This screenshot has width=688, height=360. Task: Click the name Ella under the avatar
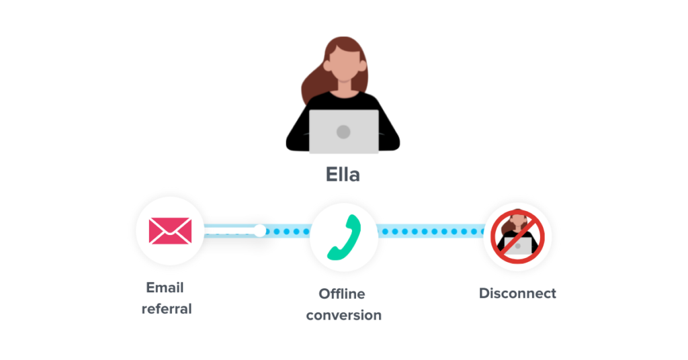pyautogui.click(x=343, y=175)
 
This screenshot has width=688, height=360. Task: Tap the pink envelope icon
pyautogui.click(x=170, y=231)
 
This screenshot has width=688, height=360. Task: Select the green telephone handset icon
pyautogui.click(x=344, y=237)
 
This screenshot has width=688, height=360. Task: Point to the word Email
pyautogui.click(x=165, y=287)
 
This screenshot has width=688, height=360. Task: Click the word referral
pyautogui.click(x=167, y=309)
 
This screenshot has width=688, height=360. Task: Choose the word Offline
pyautogui.click(x=342, y=294)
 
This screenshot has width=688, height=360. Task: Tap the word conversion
pyautogui.click(x=343, y=315)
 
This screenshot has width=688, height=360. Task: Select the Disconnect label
pyautogui.click(x=517, y=294)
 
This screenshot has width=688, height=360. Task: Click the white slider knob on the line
pyautogui.click(x=260, y=231)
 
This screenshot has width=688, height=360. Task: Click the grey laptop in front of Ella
pyautogui.click(x=343, y=131)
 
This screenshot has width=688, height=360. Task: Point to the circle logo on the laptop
pyautogui.click(x=343, y=131)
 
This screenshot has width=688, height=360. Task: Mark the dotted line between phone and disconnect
pyautogui.click(x=430, y=232)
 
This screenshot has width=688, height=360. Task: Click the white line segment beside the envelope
pyautogui.click(x=228, y=232)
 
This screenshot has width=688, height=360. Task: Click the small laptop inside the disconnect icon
pyautogui.click(x=518, y=246)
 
